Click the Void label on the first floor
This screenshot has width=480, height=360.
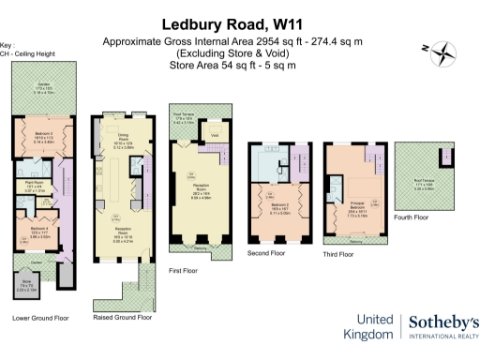click(x=215, y=136)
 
